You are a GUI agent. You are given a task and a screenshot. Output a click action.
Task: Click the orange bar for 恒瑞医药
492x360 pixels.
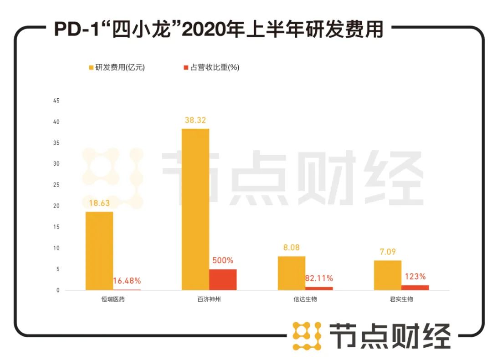click(99, 251)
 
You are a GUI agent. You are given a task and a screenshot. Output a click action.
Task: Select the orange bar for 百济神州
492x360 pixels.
click(195, 209)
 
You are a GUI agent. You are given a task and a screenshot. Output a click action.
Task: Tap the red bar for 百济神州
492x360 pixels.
click(223, 279)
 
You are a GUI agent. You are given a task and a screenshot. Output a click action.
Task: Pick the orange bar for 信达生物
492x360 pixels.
click(292, 273)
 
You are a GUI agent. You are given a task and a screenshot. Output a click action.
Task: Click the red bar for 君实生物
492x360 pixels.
click(415, 288)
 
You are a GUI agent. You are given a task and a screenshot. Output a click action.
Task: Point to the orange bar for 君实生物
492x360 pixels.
click(388, 275)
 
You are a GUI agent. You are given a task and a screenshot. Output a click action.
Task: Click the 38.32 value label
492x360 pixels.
click(195, 121)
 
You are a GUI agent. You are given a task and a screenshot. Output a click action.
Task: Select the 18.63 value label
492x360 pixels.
click(99, 203)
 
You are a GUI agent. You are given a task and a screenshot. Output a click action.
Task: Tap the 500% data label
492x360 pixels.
click(223, 261)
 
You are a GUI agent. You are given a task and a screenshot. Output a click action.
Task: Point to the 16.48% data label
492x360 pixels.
click(127, 281)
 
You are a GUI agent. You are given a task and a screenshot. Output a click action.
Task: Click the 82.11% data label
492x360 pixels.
click(319, 278)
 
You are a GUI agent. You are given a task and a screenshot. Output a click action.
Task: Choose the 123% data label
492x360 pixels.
click(415, 276)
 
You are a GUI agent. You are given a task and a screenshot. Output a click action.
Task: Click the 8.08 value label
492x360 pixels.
click(292, 248)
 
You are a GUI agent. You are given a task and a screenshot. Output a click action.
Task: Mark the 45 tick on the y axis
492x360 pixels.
click(56, 101)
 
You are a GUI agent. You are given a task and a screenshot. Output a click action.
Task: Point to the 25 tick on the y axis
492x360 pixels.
click(56, 185)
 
